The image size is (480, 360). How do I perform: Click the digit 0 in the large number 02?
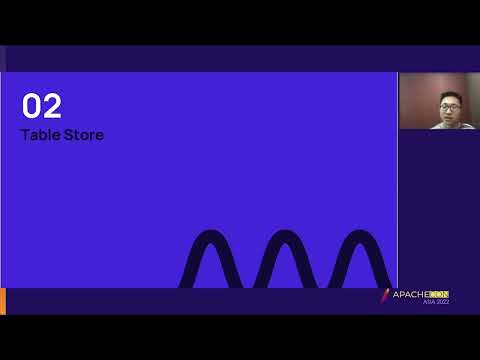point(31,106)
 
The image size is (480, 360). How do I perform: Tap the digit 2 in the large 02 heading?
point(51,106)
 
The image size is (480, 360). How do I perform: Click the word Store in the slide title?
point(82,134)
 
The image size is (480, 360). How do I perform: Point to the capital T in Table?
point(25,134)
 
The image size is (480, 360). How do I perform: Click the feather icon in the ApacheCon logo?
point(385,296)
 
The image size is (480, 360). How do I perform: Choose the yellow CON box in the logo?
point(439,295)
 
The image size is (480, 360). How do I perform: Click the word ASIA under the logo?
point(429,302)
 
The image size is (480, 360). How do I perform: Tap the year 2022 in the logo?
point(442,302)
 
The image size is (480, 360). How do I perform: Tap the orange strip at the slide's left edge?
point(3,300)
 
